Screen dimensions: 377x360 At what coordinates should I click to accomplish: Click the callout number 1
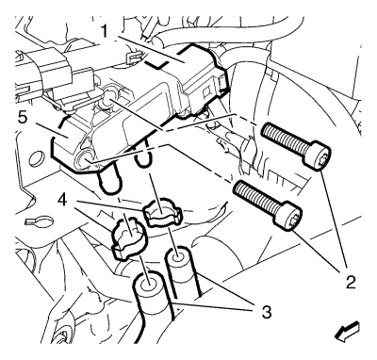point(105,32)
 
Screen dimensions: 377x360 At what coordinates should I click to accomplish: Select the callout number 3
point(266,311)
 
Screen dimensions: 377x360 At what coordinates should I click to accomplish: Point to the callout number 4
point(64,199)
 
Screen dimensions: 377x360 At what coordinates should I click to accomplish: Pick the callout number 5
point(22,118)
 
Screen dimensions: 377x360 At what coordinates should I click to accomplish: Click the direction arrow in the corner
point(347,332)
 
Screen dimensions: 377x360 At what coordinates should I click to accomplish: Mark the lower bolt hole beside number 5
point(85,158)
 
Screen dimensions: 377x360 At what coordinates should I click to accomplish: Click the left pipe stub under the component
point(110,181)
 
